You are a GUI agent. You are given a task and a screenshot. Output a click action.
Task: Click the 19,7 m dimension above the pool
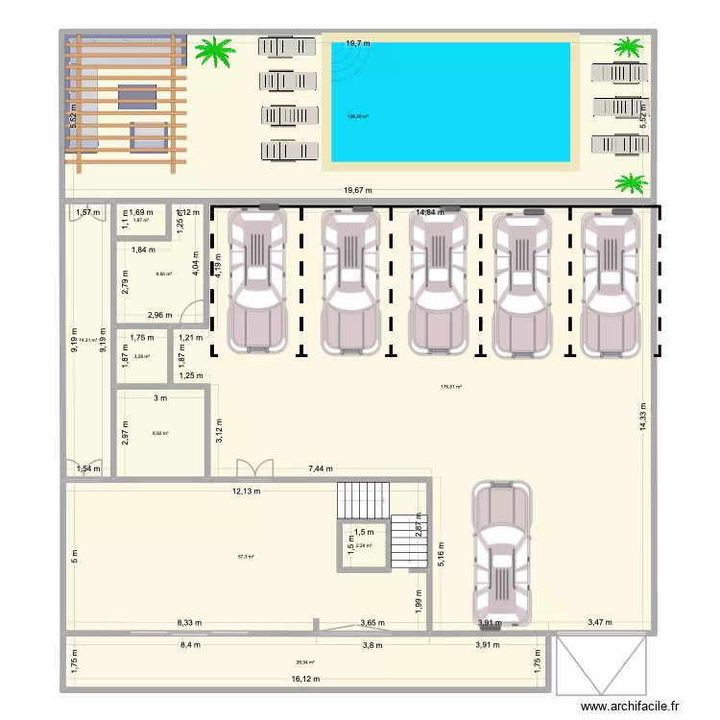[358, 43]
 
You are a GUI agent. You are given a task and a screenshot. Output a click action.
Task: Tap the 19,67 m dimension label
[360, 190]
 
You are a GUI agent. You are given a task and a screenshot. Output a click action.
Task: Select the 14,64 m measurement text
[430, 212]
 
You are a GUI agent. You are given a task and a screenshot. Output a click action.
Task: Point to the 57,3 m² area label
[246, 556]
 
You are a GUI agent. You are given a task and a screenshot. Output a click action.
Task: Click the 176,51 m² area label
[450, 388]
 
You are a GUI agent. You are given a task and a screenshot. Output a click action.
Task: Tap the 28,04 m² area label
[305, 661]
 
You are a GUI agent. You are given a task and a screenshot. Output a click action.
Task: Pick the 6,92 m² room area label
[160, 433]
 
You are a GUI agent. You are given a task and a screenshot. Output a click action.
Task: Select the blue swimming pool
[451, 102]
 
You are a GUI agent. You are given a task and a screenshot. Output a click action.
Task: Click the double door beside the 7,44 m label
[254, 468]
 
